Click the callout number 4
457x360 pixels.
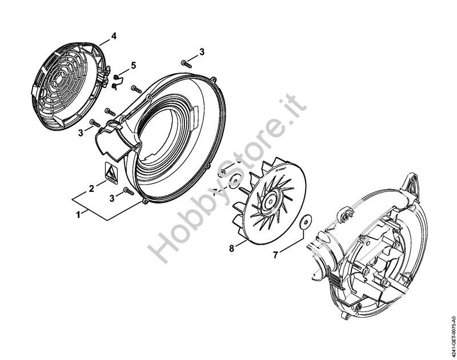point(114,35)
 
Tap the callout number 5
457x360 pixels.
point(133,66)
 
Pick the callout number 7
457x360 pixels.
point(275,254)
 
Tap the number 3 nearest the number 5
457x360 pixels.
point(81,133)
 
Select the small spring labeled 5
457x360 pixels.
point(116,81)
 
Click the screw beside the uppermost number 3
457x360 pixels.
point(185,61)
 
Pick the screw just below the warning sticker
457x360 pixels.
point(129,195)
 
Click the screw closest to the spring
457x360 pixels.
point(136,89)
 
